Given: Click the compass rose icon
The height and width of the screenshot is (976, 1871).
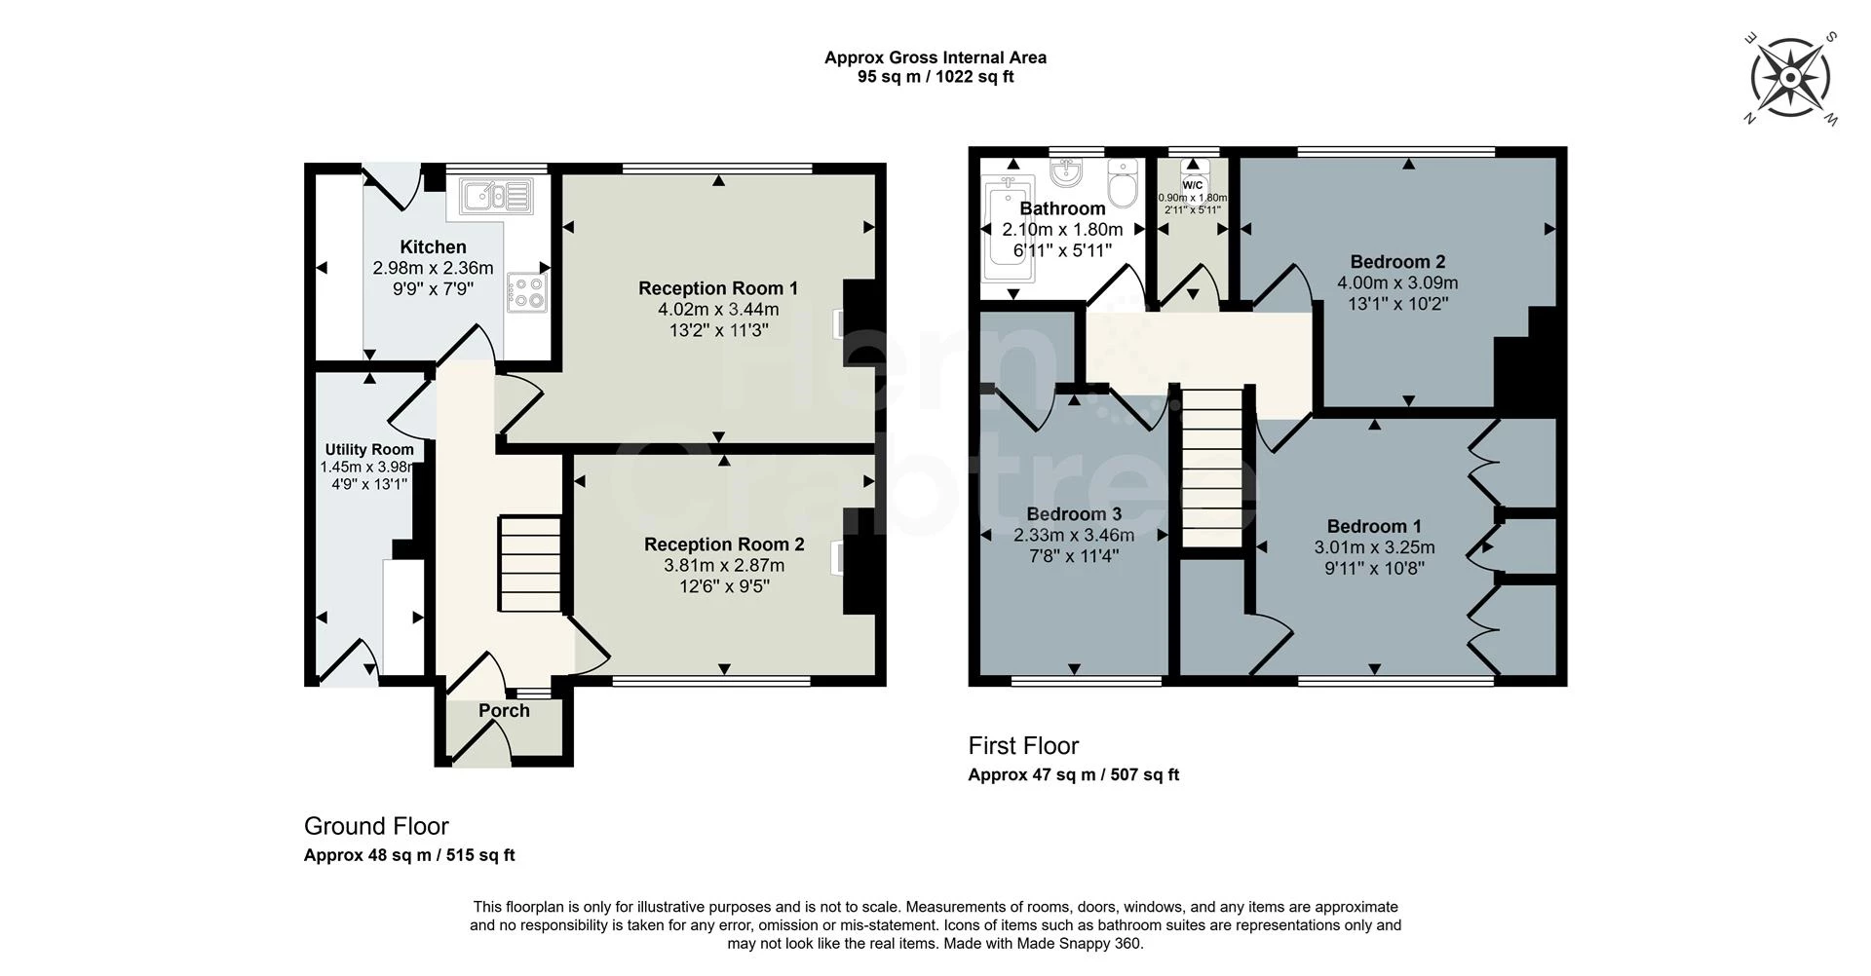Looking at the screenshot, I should point(1791,79).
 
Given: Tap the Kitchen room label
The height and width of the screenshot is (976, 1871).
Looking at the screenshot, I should point(433,247).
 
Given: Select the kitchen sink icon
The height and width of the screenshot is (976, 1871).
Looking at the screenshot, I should point(496,196).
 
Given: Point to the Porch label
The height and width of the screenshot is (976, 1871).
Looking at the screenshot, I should point(504,711).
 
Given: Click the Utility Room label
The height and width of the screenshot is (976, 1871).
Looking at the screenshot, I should point(369,449).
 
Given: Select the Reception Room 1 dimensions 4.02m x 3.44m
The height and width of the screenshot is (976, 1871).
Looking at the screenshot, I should point(718,310).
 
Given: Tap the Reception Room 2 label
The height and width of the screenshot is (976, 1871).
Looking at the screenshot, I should point(724,544).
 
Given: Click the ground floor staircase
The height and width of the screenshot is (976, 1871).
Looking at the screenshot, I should point(531,564).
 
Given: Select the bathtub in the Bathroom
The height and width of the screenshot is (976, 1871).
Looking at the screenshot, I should point(1004,229).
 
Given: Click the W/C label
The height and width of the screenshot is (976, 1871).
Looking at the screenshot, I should point(1193,185).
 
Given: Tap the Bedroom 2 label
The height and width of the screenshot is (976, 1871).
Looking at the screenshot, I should point(1397,261).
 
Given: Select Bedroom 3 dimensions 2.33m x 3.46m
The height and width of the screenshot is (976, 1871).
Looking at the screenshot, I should point(1074,535).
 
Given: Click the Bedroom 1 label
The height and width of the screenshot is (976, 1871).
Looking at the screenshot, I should point(1374,526).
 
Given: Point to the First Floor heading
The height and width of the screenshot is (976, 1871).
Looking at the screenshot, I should point(1023,746).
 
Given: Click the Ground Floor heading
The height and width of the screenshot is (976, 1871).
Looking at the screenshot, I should point(376,826).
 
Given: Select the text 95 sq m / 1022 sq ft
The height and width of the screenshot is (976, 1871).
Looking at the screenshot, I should point(935,77).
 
